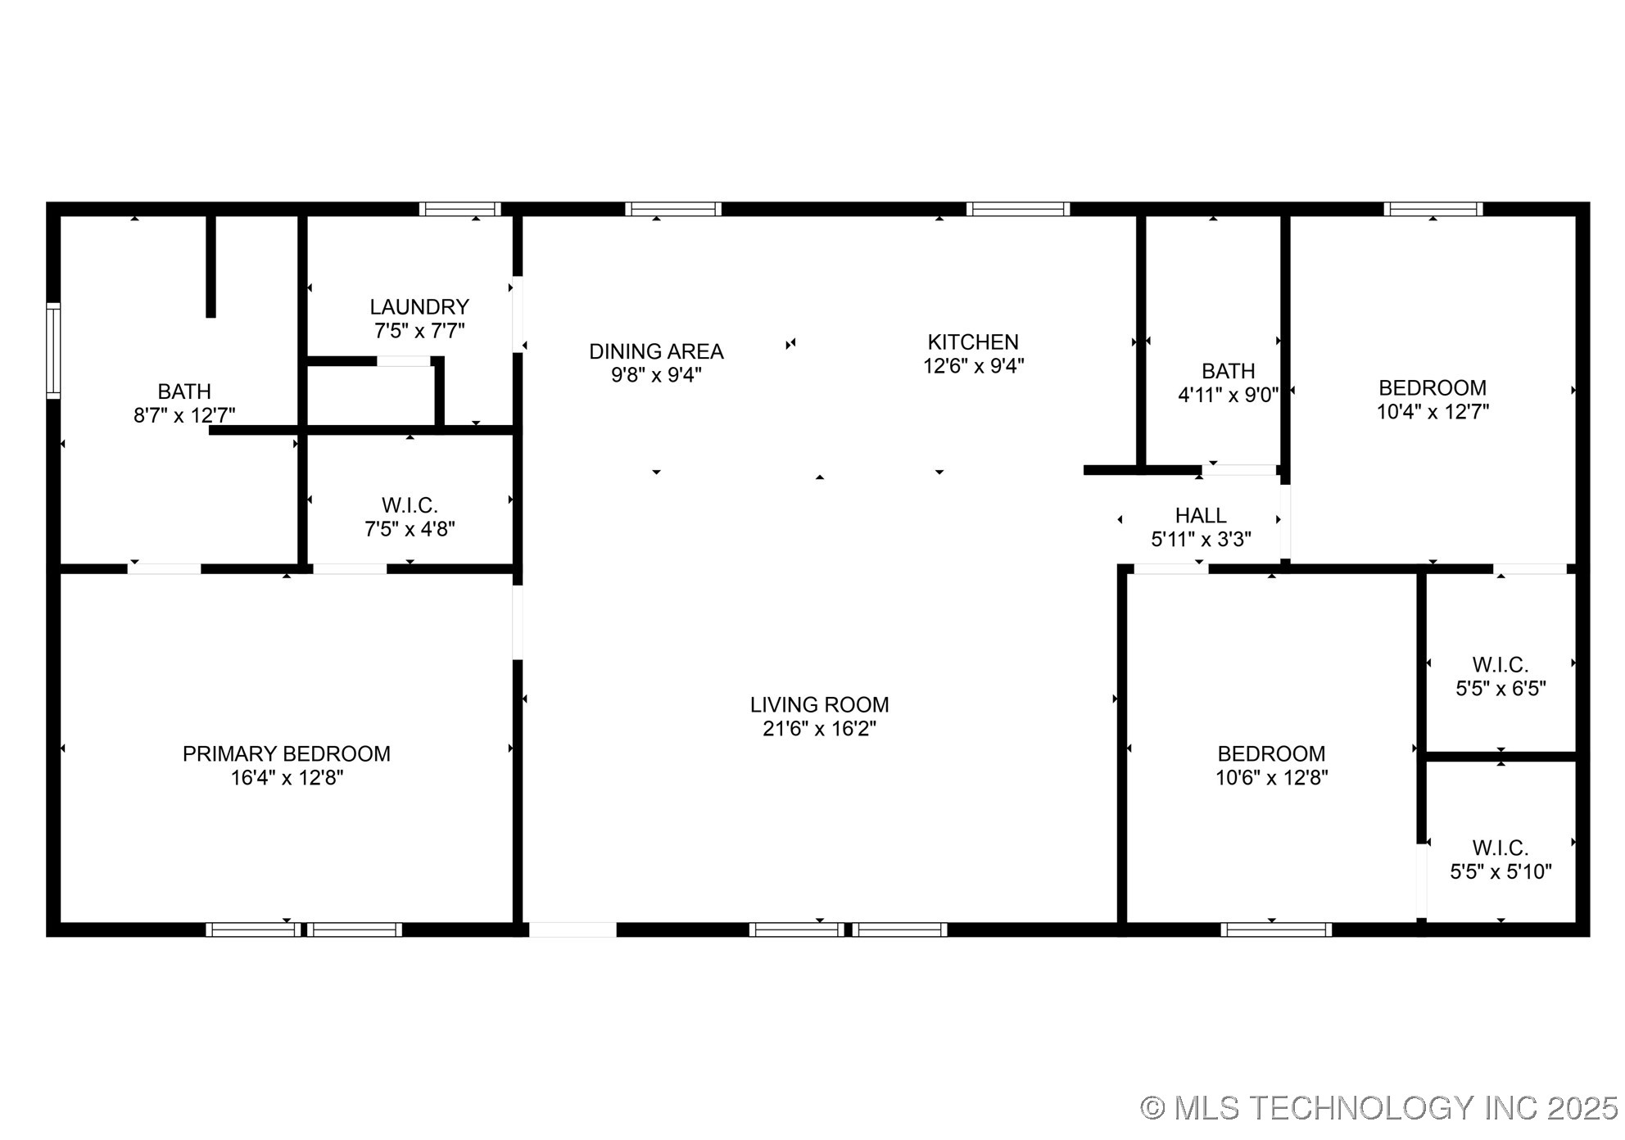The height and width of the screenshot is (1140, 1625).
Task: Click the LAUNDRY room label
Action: pyautogui.click(x=419, y=307)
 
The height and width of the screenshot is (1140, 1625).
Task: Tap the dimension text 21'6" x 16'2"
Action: pyautogui.click(x=819, y=729)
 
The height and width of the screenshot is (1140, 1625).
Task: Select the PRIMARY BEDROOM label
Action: pyautogui.click(x=286, y=753)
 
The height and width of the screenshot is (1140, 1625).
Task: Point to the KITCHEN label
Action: pyautogui.click(x=973, y=342)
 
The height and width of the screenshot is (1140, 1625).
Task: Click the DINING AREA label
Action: pyautogui.click(x=656, y=351)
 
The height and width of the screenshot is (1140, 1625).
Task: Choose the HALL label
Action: pyautogui.click(x=1201, y=516)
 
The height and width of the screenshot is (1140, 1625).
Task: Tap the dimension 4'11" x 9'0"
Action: pyautogui.click(x=1228, y=396)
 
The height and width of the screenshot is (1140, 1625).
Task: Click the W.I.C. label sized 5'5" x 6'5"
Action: pyautogui.click(x=1501, y=665)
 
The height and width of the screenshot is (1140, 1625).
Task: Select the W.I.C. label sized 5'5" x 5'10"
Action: pyautogui.click(x=1501, y=848)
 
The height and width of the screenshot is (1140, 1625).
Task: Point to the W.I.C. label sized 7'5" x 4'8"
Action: pyautogui.click(x=410, y=505)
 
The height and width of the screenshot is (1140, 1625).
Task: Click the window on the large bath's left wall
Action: pyautogui.click(x=53, y=351)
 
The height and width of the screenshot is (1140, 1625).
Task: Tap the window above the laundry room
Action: pyautogui.click(x=459, y=209)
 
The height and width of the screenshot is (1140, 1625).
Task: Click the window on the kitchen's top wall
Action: pyautogui.click(x=1018, y=209)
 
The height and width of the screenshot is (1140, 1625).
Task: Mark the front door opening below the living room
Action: pyautogui.click(x=573, y=930)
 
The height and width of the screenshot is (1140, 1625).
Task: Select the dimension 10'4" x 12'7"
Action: pyautogui.click(x=1433, y=412)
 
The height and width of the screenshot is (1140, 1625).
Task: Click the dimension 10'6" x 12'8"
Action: pyautogui.click(x=1271, y=778)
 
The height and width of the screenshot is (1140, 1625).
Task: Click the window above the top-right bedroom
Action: pyautogui.click(x=1433, y=209)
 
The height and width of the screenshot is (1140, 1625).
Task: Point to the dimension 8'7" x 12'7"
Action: pyautogui.click(x=184, y=416)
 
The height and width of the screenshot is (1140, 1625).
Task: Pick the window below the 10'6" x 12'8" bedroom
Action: pyautogui.click(x=1275, y=930)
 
